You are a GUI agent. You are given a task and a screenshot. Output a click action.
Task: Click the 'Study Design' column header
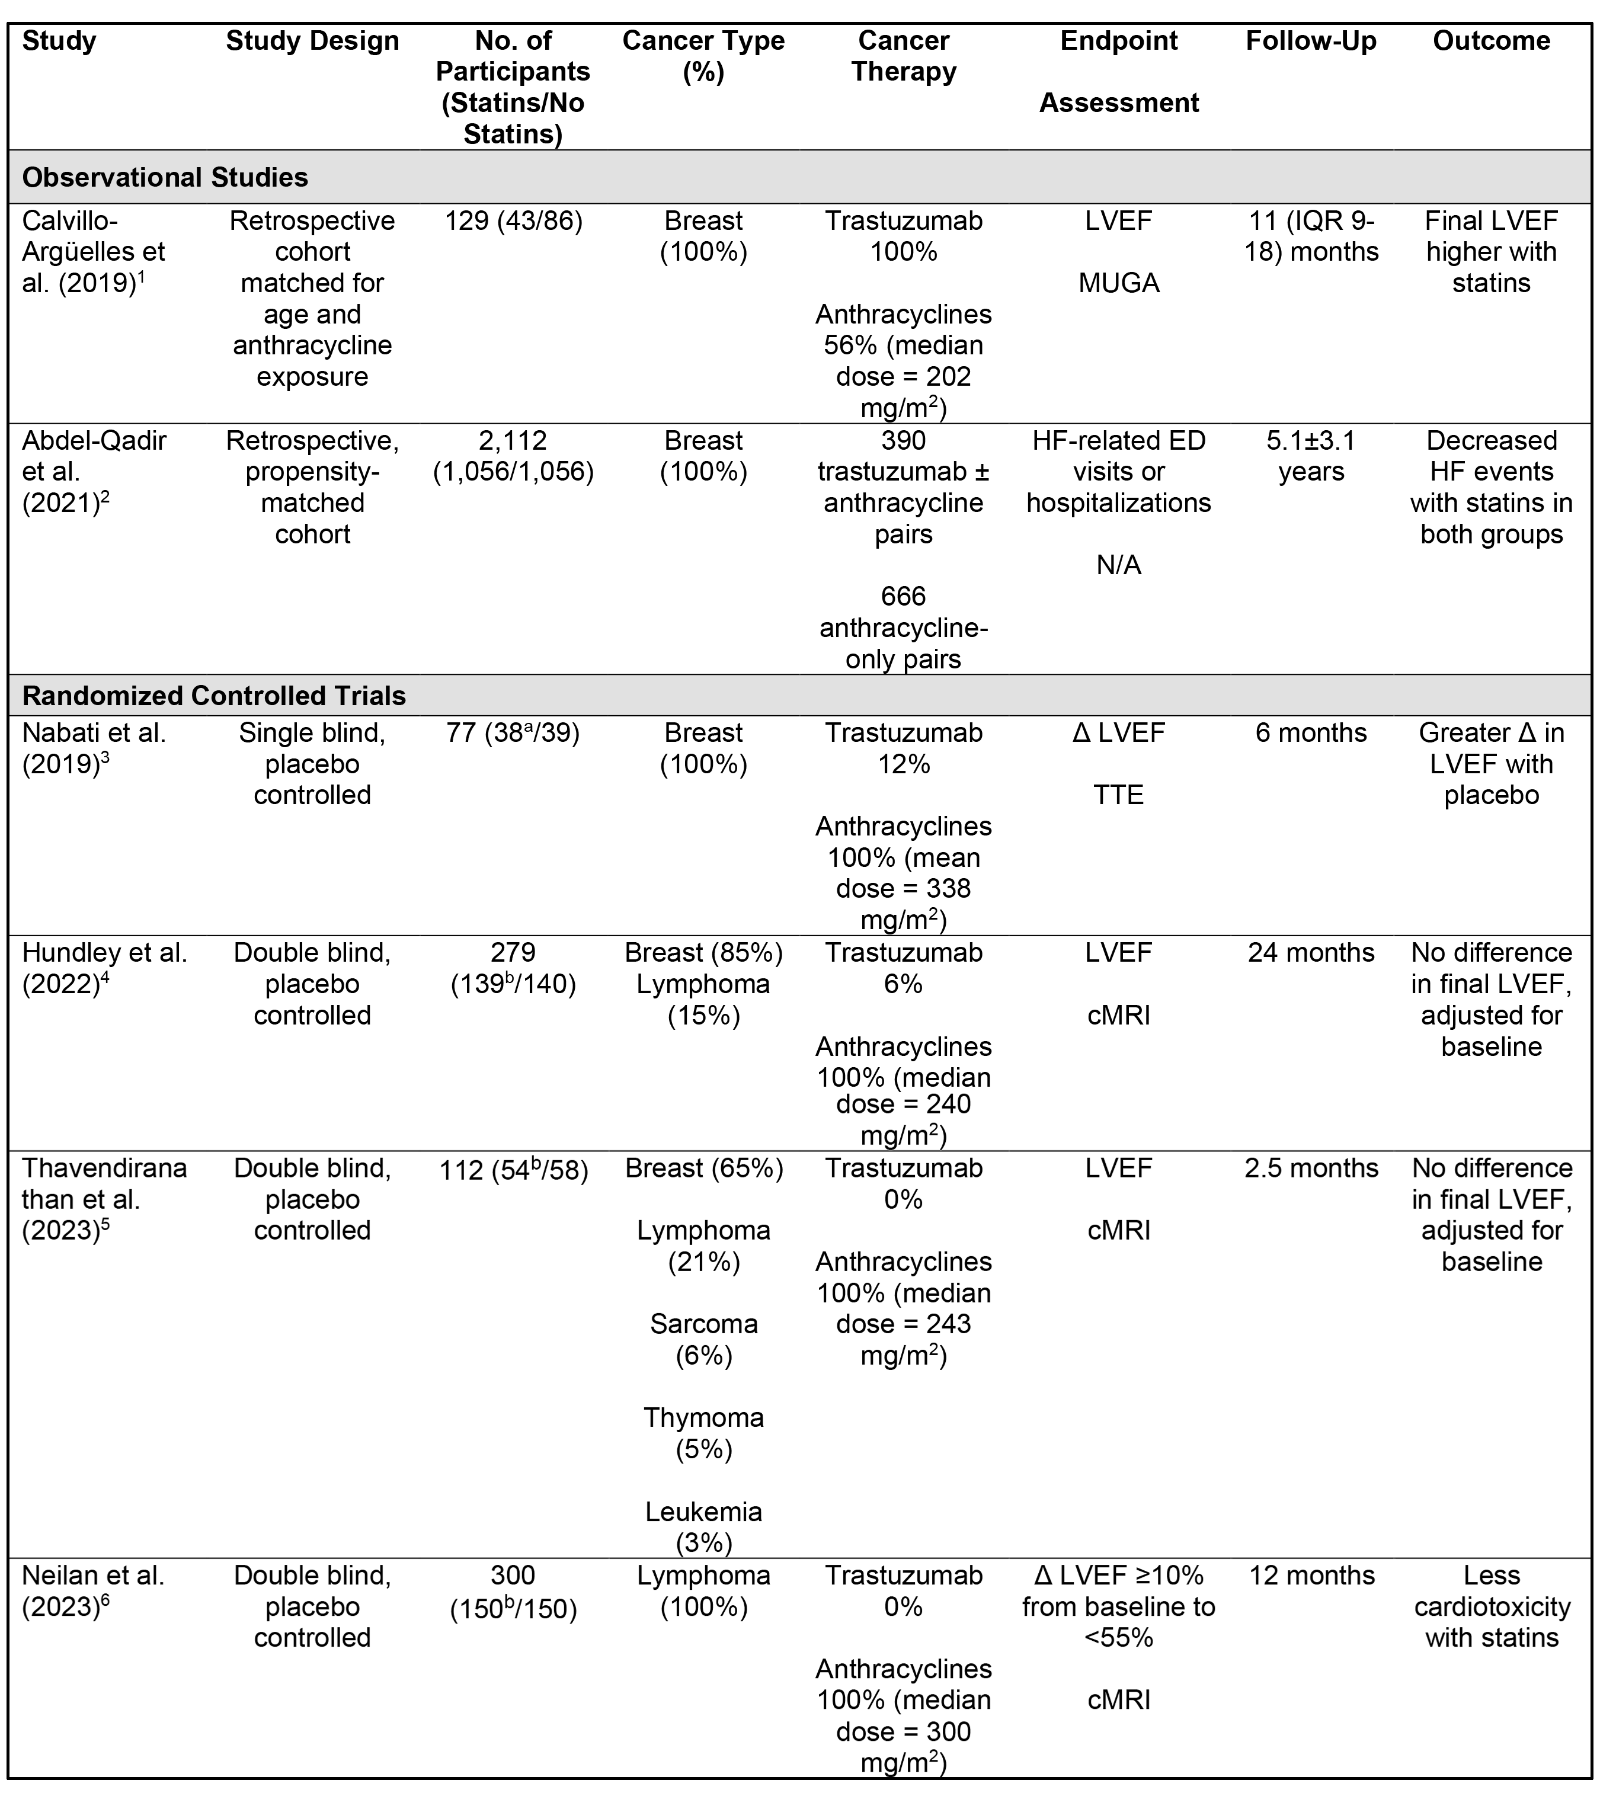coord(312,41)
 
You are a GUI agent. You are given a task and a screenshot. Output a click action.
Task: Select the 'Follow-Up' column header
coord(1311,41)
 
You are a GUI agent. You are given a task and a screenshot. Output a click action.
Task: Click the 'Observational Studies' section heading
coord(165,178)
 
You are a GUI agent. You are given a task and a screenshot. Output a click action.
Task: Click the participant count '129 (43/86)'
coord(513,220)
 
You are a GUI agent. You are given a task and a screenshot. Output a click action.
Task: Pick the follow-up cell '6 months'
coord(1311,733)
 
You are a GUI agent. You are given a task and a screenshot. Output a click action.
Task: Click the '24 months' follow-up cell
coord(1311,953)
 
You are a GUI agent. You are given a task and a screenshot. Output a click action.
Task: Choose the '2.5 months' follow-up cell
coord(1311,1168)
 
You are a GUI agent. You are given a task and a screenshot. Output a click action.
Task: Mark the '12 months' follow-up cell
coord(1311,1576)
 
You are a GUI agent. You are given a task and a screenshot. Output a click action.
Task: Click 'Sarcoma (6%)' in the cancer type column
coord(703,1339)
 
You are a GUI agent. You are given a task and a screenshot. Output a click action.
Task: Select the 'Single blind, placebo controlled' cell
coord(312,764)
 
